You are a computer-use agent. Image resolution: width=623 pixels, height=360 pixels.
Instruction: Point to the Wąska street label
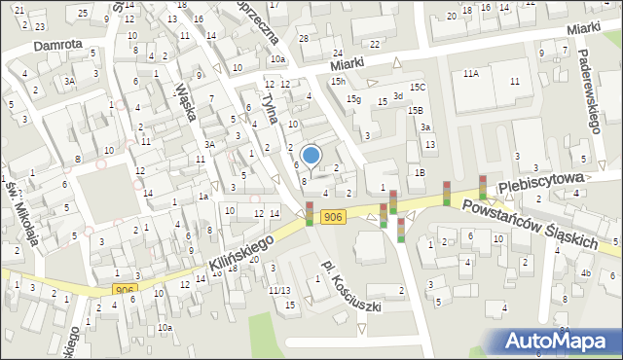point(186,101)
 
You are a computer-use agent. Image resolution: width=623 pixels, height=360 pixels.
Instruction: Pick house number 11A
point(471,74)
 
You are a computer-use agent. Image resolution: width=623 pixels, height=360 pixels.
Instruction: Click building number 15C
point(417,88)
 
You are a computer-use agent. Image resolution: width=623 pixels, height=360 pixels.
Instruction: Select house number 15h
point(337,81)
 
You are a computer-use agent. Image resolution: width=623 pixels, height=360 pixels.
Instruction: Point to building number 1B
point(420,172)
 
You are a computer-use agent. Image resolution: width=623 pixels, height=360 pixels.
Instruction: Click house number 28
point(304,38)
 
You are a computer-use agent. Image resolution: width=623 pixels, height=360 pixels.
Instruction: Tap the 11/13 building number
point(280,290)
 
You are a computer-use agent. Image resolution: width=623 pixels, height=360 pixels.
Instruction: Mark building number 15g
point(355,99)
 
